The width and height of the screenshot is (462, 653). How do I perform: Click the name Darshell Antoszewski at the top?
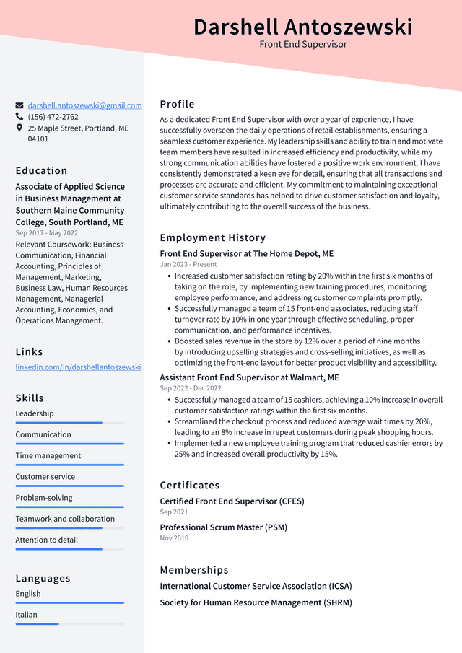[x=302, y=27]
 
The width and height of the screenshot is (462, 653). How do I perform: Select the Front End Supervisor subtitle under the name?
[x=302, y=45]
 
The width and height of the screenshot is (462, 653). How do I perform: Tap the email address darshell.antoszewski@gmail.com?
[x=84, y=105]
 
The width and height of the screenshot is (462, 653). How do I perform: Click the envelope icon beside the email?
[x=19, y=105]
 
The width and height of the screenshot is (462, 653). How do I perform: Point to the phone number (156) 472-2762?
[x=53, y=117]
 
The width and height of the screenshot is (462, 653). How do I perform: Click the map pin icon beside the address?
[x=19, y=128]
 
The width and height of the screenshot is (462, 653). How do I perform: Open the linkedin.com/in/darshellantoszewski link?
[x=78, y=367]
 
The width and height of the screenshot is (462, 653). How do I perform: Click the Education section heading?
[x=41, y=171]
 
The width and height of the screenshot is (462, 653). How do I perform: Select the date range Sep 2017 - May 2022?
[x=47, y=233]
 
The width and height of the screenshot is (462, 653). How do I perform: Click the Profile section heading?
[x=177, y=104]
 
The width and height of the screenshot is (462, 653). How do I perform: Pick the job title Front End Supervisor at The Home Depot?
[x=246, y=254]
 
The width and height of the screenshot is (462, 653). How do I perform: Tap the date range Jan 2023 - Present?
[x=188, y=265]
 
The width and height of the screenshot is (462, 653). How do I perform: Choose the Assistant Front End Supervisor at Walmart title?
[x=249, y=377]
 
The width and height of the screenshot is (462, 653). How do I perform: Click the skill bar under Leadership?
[x=69, y=423]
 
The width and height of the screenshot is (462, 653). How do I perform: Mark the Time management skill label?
[x=48, y=456]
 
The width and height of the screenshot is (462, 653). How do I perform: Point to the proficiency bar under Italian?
[x=69, y=624]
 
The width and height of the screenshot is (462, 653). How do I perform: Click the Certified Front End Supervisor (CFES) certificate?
[x=232, y=501]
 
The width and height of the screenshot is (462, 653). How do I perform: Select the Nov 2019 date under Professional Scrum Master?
[x=174, y=538]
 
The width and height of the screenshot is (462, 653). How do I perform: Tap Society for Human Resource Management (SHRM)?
[x=256, y=602]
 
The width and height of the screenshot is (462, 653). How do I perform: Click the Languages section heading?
[x=43, y=579]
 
